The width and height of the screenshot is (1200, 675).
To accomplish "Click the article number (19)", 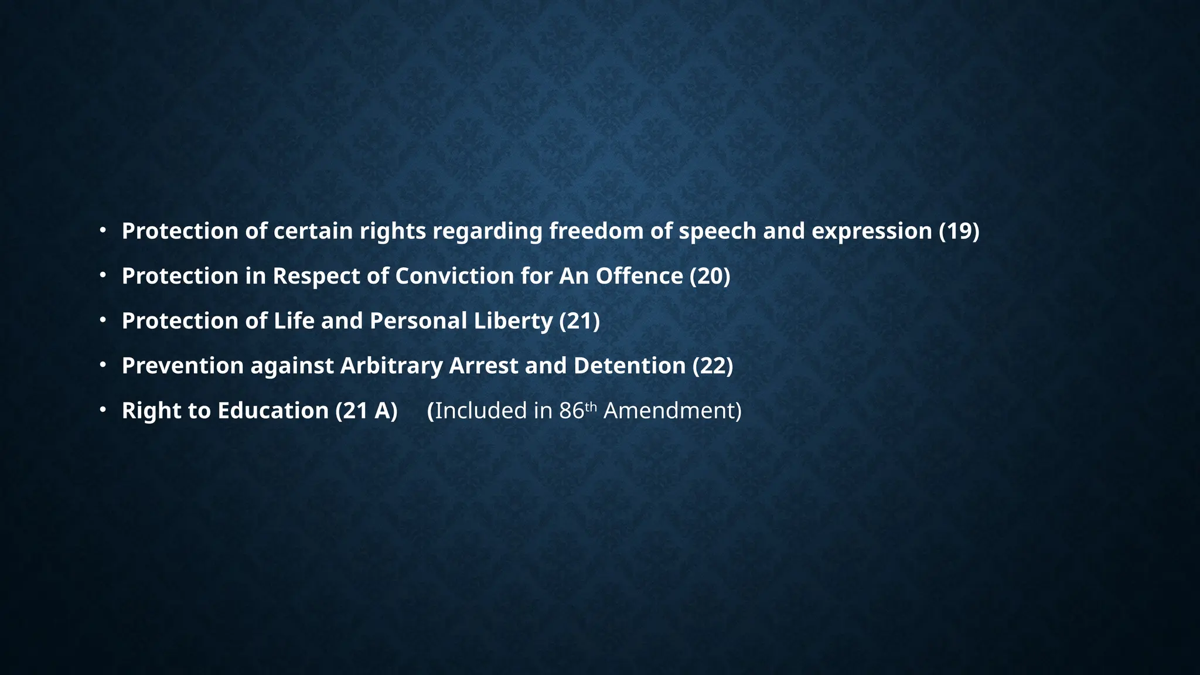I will [x=959, y=231].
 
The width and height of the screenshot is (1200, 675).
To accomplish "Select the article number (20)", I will [x=710, y=276].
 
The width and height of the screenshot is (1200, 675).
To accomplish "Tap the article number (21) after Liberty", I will [x=579, y=321].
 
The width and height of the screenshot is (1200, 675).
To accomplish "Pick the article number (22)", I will [x=712, y=366].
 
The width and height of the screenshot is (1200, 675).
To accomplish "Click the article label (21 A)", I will [x=366, y=411].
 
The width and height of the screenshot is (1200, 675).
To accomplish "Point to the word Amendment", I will [x=672, y=411].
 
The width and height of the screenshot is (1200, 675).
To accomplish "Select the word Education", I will [x=273, y=411].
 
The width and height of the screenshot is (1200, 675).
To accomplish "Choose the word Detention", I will [x=629, y=366].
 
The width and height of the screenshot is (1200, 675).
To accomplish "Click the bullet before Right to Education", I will [x=103, y=410].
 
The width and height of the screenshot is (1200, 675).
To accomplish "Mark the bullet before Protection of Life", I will [x=103, y=321].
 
